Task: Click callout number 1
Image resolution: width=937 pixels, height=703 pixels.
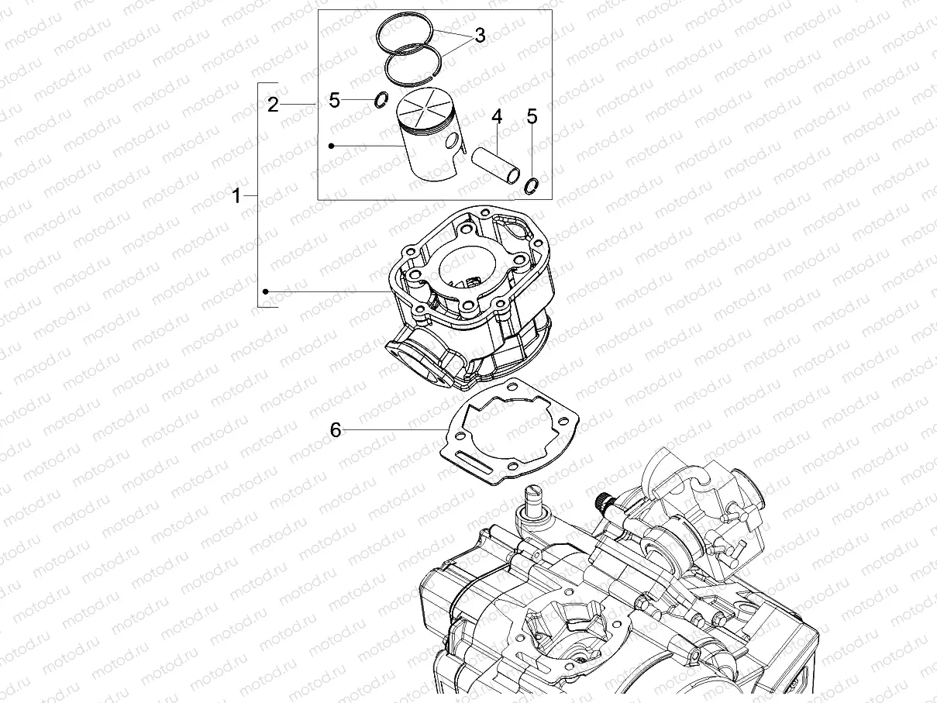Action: (237, 197)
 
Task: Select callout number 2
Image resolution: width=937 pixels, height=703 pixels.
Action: (273, 105)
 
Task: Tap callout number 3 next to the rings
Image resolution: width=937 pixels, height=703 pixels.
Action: (480, 36)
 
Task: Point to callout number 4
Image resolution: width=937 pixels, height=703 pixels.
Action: (497, 117)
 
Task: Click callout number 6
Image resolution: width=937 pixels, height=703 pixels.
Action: (336, 429)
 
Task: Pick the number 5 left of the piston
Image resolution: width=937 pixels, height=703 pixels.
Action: (334, 100)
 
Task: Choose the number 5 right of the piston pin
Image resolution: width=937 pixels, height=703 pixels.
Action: (532, 117)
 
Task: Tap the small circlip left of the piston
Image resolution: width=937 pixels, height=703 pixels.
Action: (381, 99)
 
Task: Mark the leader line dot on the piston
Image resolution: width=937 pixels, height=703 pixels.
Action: (331, 145)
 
